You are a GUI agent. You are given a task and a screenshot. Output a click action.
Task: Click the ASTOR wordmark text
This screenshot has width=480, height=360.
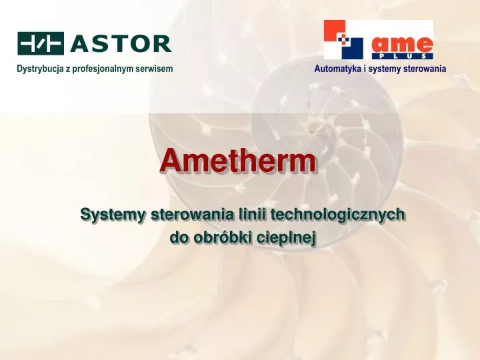coord(121,44)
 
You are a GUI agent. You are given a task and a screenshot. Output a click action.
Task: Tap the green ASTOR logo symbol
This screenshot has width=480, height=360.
coord(41,43)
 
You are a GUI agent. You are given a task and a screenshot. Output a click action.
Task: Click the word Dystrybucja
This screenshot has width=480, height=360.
coord(39,69)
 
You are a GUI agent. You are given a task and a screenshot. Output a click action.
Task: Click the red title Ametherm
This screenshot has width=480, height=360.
coord(238,161)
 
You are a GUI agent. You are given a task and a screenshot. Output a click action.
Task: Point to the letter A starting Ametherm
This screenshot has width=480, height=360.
coord(172,161)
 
